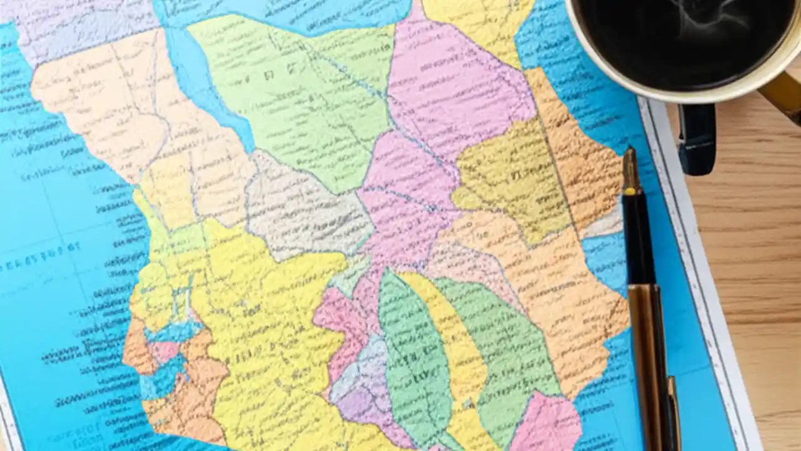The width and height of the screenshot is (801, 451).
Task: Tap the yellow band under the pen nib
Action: pyautogui.click(x=631, y=190)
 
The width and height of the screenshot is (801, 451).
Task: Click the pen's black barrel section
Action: pyautogui.click(x=638, y=238)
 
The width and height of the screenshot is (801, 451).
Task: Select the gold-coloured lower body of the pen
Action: pyautogui.click(x=648, y=351)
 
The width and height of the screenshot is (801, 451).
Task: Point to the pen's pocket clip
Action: pyautogui.click(x=673, y=407)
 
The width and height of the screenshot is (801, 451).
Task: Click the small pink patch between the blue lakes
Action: pyautogui.click(x=164, y=351)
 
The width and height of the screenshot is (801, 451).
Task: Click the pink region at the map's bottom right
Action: pyautogui.click(x=548, y=423)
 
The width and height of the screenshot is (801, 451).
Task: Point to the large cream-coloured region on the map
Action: pyautogui.click(x=106, y=106)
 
